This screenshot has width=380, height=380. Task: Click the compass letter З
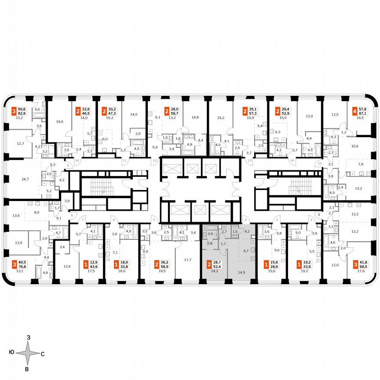point(29,337)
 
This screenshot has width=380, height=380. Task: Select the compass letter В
point(27,369)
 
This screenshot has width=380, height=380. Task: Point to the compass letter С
point(43,353)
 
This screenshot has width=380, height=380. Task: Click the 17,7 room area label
point(188,260)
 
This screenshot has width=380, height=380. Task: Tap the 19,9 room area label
point(252,118)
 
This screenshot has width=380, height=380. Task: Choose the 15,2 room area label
point(221,118)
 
